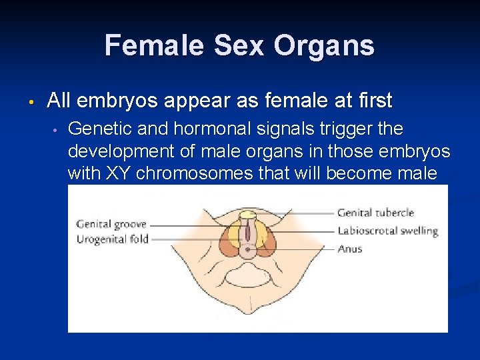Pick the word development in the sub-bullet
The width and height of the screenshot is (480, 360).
(114, 151)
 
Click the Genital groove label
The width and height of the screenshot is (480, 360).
(111, 224)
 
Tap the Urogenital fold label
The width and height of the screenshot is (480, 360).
(112, 239)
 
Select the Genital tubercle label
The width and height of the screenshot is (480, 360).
(375, 213)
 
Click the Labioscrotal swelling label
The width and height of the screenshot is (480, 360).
(387, 231)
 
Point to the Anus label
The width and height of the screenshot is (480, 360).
(350, 249)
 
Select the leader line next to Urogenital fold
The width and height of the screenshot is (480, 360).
(193, 239)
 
